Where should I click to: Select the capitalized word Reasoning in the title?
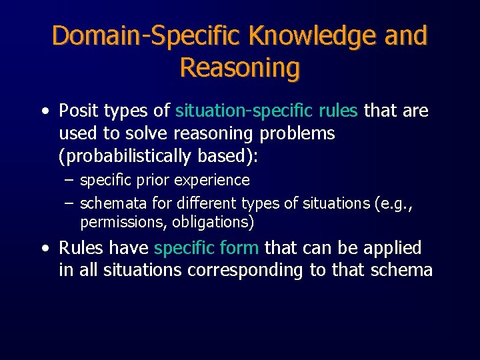tap(239, 68)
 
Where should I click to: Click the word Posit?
tap(79, 111)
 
